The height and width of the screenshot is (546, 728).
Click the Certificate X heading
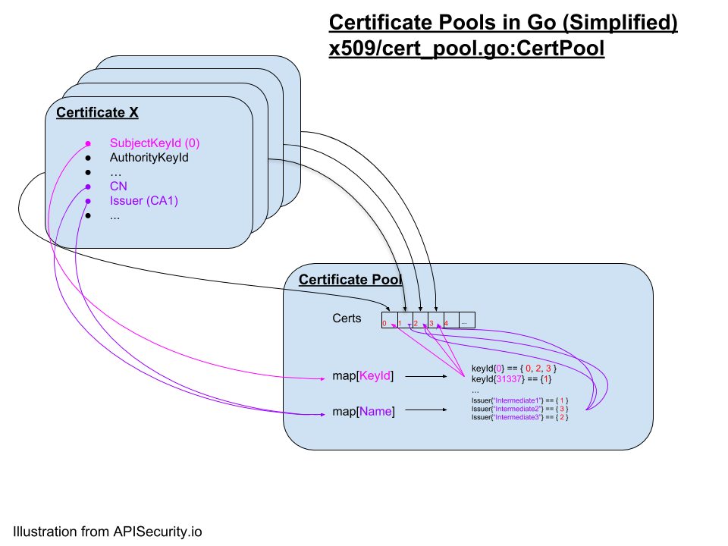(97, 113)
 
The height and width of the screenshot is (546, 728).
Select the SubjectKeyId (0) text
(155, 143)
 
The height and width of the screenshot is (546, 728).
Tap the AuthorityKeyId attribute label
(149, 158)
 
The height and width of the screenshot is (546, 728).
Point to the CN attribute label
(118, 187)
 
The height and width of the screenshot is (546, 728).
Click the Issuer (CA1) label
(144, 201)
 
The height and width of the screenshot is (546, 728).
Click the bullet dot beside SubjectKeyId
(88, 143)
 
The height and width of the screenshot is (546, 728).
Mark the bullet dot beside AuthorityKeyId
(88, 158)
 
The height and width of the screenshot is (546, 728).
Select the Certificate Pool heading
(350, 280)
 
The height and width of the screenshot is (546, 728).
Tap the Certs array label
(347, 318)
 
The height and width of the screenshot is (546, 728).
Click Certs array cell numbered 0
(389, 320)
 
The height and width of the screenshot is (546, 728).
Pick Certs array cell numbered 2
(420, 320)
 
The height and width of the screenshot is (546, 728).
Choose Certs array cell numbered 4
(451, 320)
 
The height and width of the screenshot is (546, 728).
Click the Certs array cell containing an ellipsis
(466, 320)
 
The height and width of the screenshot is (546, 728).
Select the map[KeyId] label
(362, 375)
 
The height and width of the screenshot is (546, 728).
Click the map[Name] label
(363, 411)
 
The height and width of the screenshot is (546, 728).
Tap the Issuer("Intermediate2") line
(519, 409)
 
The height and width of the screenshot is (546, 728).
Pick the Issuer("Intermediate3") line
(519, 417)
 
